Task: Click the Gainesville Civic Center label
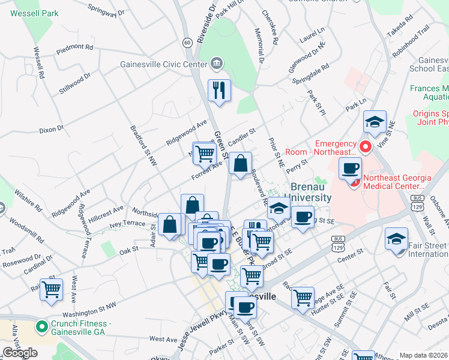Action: coord(163,64)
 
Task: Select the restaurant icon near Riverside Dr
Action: coord(219,91)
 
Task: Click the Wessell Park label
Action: coord(34,12)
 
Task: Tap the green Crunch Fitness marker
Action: coord(41,327)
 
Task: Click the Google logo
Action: coord(20,353)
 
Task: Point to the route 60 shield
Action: coord(187,42)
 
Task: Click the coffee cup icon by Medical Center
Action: coord(350,168)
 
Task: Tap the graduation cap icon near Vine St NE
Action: coord(375,121)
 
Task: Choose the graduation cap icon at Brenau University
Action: coord(279,208)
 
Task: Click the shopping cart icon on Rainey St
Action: coord(52,289)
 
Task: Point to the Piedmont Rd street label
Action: coord(75,47)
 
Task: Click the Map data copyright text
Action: coord(423,355)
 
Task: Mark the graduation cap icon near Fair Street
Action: coord(396,238)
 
